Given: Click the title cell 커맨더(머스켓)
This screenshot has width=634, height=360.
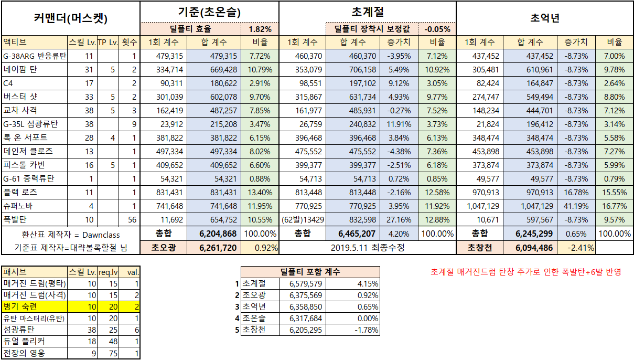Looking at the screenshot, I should click(x=70, y=18).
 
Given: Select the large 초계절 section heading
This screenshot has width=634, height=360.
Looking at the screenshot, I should click(x=367, y=11).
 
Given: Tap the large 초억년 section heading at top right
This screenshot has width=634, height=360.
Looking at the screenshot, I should click(x=545, y=18).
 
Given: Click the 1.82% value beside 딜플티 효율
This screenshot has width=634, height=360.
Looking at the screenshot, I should click(x=260, y=29).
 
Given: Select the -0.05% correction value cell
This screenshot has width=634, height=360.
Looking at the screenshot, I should click(x=437, y=29).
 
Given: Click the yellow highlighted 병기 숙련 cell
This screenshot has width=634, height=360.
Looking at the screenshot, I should click(x=35, y=306).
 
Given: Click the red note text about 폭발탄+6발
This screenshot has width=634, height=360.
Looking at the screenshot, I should click(x=525, y=272).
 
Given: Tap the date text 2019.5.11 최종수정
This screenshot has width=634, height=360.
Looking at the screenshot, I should click(x=367, y=247).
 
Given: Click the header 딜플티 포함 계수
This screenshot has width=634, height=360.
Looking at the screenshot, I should click(x=310, y=272).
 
